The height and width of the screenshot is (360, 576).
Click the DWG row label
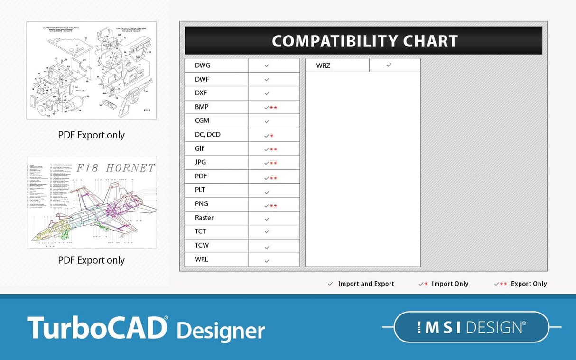203,65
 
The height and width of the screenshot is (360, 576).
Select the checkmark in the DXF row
267,93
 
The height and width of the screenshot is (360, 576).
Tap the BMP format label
202,107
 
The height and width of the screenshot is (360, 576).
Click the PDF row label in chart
201,176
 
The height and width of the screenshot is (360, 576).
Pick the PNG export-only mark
270,206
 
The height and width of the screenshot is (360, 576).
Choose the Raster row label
204,218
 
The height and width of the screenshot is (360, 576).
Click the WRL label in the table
202,259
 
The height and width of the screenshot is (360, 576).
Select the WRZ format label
323,65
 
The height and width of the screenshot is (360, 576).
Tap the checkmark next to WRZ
389,65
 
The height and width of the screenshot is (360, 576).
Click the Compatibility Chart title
364,41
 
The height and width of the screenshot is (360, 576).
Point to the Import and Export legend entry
361,284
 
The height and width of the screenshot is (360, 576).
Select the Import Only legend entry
444,284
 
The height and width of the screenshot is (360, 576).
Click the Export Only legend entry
520,284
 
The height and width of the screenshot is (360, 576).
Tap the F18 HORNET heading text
116,167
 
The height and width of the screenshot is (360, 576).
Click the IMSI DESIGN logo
471,327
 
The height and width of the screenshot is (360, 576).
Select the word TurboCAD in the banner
97,327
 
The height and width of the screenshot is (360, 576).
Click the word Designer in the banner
221,330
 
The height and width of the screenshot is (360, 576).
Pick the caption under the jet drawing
91,260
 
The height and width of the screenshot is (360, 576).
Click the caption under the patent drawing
91,135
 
